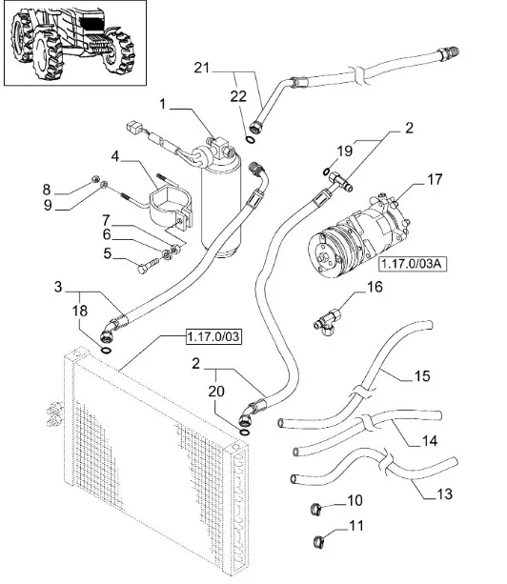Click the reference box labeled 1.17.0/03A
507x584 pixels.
point(413,264)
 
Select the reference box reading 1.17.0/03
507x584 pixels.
point(213,336)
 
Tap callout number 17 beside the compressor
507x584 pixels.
point(435,179)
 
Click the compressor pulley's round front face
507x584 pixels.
point(323,255)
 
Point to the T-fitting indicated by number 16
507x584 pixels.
point(328,322)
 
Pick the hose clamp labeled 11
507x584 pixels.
point(319,541)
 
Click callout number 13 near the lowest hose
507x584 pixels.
point(444,493)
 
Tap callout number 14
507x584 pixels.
point(430,441)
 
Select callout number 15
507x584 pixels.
point(422,376)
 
